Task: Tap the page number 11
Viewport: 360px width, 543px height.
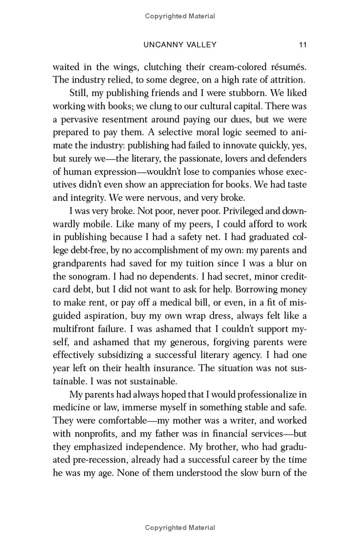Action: click(x=302, y=45)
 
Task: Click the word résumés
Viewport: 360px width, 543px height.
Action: click(x=286, y=67)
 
